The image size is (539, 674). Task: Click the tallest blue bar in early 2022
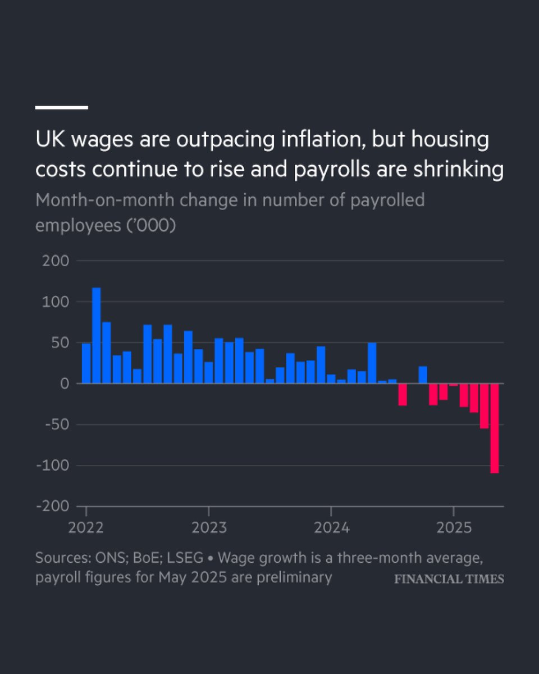click(x=96, y=335)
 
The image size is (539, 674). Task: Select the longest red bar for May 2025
click(x=494, y=428)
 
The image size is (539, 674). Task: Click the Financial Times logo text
click(x=449, y=579)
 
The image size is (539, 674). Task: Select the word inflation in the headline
click(x=307, y=140)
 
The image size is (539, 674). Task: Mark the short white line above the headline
click(x=62, y=107)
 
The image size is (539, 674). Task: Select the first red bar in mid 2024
click(x=403, y=394)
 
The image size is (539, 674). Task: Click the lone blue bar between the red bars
click(x=423, y=375)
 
